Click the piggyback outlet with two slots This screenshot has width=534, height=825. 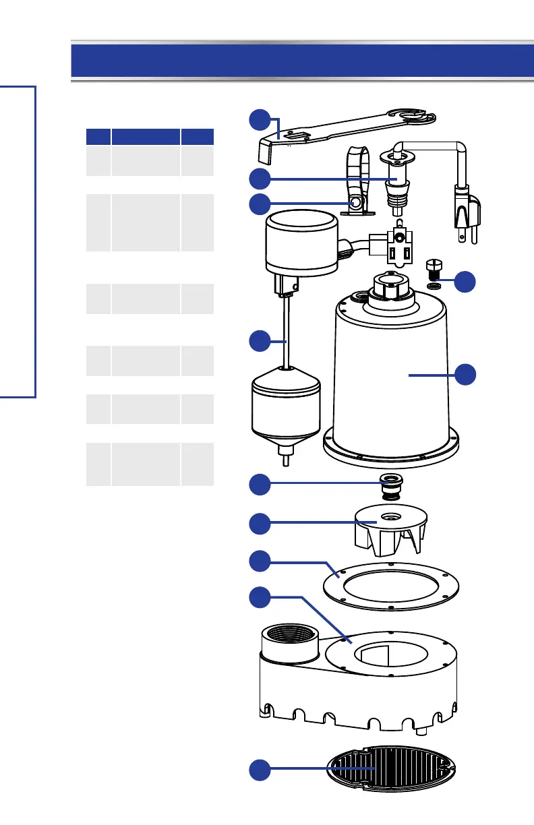coord(391,249)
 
